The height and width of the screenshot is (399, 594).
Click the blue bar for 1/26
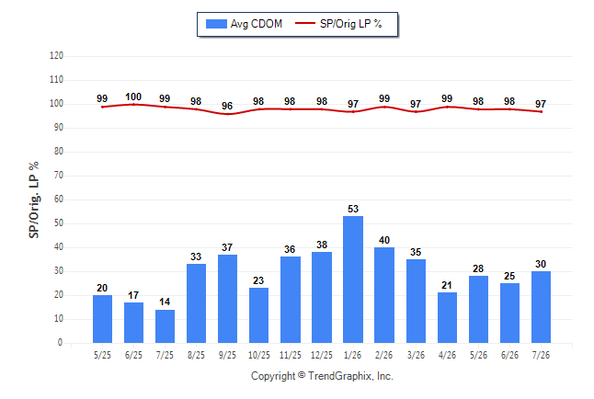tap(353, 279)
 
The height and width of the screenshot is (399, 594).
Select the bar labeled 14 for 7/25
tap(165, 326)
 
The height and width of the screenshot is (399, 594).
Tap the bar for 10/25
tap(258, 315)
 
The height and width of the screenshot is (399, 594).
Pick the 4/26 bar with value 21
tap(447, 317)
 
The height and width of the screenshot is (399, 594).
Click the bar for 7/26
tap(541, 307)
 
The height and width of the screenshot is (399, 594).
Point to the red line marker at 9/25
tap(227, 114)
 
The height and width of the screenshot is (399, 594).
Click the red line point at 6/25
tap(133, 104)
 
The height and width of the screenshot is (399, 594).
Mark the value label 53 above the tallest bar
tap(353, 209)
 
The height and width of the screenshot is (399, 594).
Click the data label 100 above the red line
tap(133, 97)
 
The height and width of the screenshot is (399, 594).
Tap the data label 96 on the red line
tap(227, 106)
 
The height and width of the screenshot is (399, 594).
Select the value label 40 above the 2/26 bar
tap(384, 240)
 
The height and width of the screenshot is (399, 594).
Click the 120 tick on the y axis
tap(56, 56)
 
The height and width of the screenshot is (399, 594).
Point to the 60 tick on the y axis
tap(59, 199)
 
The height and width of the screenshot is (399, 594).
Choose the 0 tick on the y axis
tap(61, 343)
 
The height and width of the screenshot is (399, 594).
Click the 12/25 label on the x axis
tap(322, 355)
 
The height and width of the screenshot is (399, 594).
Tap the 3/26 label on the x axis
tap(416, 355)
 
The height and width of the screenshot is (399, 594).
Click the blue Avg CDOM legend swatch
tap(216, 24)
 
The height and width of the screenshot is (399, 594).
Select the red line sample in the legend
tap(305, 23)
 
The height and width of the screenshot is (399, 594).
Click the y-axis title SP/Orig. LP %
tap(34, 199)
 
